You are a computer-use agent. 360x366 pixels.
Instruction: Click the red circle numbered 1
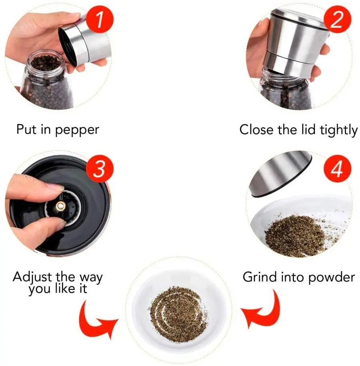pyautogui.click(x=100, y=19)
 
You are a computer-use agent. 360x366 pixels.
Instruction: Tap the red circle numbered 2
pyautogui.click(x=337, y=19)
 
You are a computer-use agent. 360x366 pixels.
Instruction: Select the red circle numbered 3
pyautogui.click(x=100, y=169)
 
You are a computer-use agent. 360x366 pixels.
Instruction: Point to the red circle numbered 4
pyautogui.click(x=337, y=169)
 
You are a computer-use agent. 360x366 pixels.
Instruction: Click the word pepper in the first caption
pyautogui.click(x=77, y=131)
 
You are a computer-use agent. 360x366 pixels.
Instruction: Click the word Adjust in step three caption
pyautogui.click(x=32, y=278)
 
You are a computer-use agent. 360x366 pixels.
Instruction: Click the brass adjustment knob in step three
pyautogui.click(x=60, y=206)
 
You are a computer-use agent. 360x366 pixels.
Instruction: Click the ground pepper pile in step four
pyautogui.click(x=296, y=236)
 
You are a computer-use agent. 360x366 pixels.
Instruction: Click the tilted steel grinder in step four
pyautogui.click(x=280, y=174)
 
